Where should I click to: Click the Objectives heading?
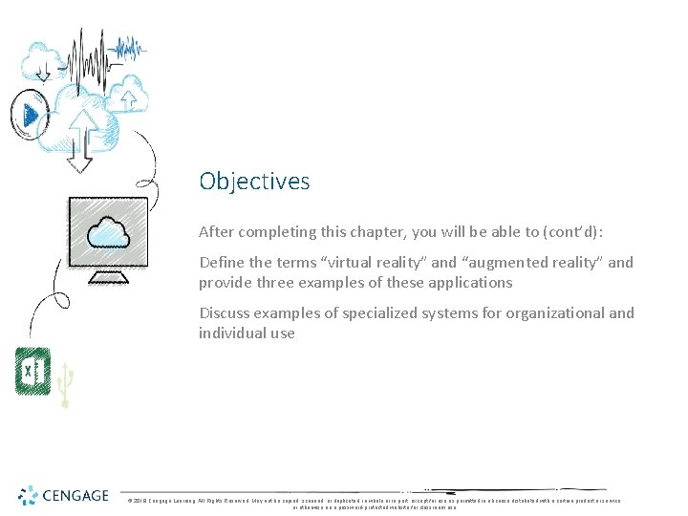coord(254,181)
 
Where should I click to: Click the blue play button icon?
coord(32,116)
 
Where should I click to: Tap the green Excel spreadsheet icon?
coord(32,371)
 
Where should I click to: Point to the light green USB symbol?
coord(65,384)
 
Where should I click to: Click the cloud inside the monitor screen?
coord(107,232)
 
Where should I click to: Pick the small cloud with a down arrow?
coord(43,61)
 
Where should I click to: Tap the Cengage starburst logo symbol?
coord(29,495)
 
